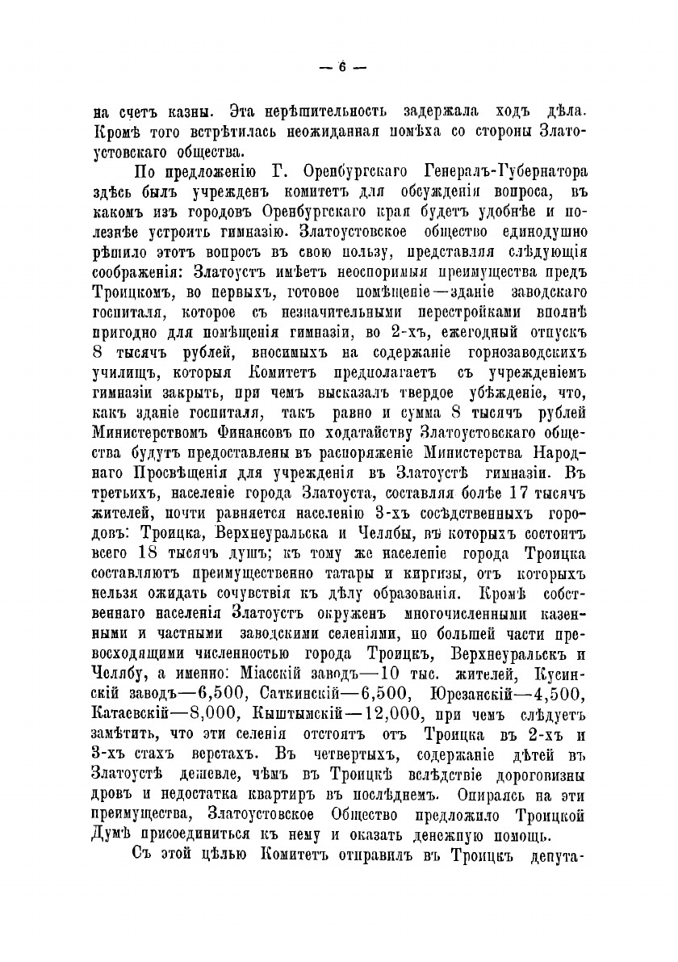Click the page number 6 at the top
(340, 68)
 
